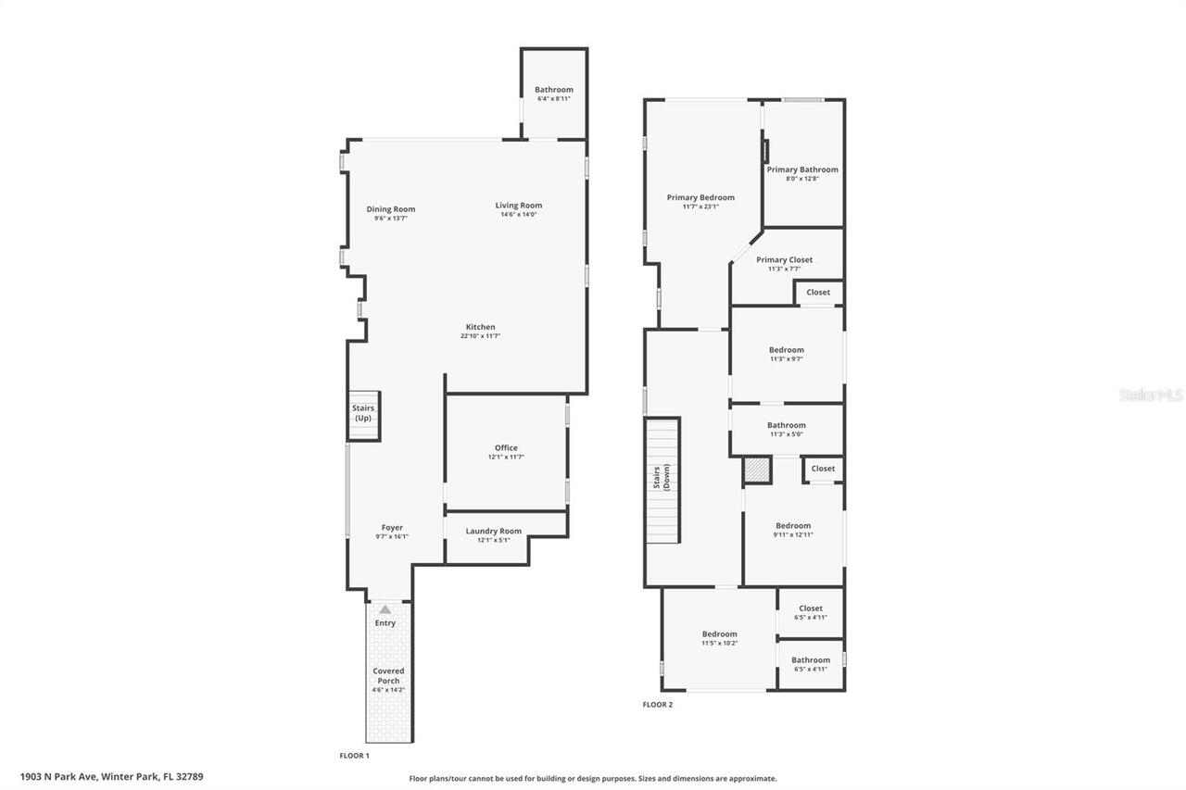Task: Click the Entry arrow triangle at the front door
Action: click(385, 609)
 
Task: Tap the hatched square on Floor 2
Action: click(757, 470)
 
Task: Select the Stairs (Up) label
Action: click(363, 413)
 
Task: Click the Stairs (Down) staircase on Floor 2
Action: click(662, 480)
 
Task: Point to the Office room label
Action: click(506, 447)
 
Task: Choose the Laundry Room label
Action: click(494, 531)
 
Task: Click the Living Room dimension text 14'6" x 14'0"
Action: click(519, 214)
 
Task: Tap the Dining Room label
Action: click(391, 209)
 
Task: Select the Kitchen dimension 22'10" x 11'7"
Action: click(480, 336)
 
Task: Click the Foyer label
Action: click(392, 528)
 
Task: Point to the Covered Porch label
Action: click(388, 676)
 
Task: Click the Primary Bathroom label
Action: click(802, 169)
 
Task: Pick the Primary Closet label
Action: click(784, 260)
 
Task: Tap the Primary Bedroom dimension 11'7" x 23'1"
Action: click(700, 207)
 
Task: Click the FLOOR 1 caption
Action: click(354, 756)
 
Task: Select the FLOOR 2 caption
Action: click(658, 704)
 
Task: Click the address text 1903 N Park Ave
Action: click(58, 777)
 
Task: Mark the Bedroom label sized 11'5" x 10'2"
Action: click(720, 633)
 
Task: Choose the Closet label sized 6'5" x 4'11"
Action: click(811, 608)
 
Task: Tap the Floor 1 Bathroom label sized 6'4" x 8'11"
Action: click(554, 90)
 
